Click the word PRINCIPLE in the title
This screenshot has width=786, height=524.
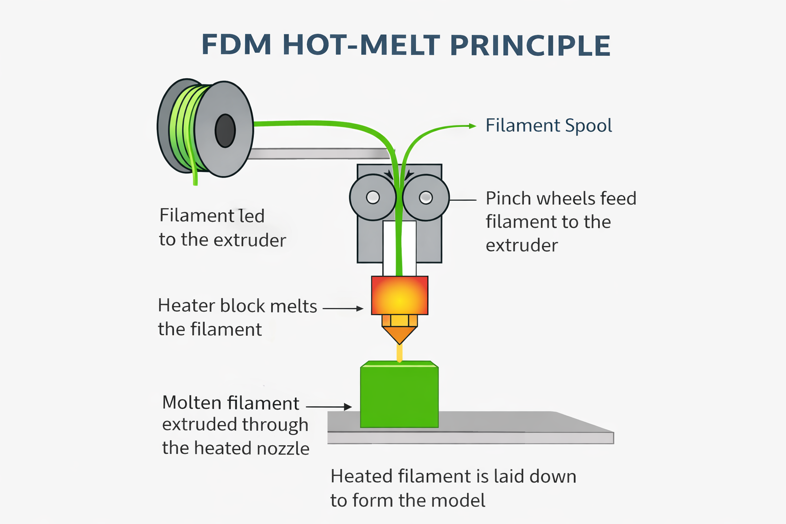(530, 46)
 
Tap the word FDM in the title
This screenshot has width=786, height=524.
(236, 46)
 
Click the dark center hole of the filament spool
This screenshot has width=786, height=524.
(225, 131)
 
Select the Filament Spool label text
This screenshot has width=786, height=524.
(549, 126)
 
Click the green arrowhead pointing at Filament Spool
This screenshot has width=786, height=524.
(471, 125)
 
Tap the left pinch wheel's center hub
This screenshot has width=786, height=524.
(373, 198)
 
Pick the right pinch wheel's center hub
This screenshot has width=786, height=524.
(426, 198)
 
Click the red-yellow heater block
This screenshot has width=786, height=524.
(399, 295)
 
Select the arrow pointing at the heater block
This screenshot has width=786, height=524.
(343, 309)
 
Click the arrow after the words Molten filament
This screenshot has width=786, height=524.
(329, 407)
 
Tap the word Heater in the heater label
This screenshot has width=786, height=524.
(186, 306)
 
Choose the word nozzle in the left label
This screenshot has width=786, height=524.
(283, 449)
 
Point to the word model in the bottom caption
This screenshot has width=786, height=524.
(459, 500)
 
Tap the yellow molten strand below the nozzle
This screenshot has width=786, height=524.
(400, 353)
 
